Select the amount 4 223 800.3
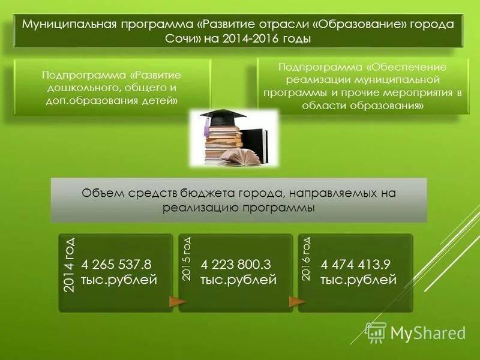(x=237, y=265)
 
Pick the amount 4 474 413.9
(x=356, y=265)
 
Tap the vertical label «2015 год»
(x=187, y=259)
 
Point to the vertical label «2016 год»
(x=306, y=259)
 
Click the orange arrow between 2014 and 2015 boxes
(x=177, y=301)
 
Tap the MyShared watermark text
(x=428, y=333)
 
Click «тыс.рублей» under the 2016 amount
(x=358, y=280)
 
